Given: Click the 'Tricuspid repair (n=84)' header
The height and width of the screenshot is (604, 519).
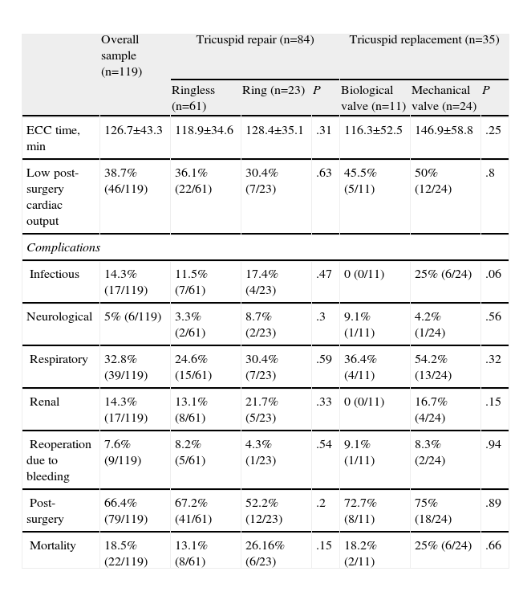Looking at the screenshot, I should pyautogui.click(x=254, y=40).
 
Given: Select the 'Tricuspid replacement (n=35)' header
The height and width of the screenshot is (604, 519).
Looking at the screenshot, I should pyautogui.click(x=424, y=40).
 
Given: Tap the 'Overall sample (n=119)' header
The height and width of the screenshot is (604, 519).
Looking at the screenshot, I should pyautogui.click(x=121, y=55).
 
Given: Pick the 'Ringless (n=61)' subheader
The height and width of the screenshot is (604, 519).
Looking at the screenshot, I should pyautogui.click(x=193, y=98).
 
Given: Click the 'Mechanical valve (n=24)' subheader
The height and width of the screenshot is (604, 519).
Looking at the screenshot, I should pyautogui.click(x=444, y=98).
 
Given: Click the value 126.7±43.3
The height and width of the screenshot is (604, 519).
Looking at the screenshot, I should pyautogui.click(x=133, y=130).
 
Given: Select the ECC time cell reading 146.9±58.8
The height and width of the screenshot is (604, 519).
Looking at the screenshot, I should pyautogui.click(x=444, y=130).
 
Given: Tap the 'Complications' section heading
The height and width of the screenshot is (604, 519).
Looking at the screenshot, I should pyautogui.click(x=63, y=247).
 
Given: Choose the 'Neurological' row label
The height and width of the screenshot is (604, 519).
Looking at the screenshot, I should pyautogui.click(x=59, y=317).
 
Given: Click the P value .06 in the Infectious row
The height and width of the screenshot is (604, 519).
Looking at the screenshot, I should pyautogui.click(x=493, y=275).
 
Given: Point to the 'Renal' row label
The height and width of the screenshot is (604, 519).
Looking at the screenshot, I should pyautogui.click(x=45, y=402).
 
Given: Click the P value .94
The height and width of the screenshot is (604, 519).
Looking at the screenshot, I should pyautogui.click(x=493, y=444).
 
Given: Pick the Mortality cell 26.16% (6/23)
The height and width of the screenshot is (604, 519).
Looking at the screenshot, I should pyautogui.click(x=265, y=553).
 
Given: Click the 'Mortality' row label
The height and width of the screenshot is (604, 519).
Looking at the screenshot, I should pyautogui.click(x=53, y=546).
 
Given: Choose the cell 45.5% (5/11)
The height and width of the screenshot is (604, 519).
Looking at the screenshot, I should pyautogui.click(x=360, y=181).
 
